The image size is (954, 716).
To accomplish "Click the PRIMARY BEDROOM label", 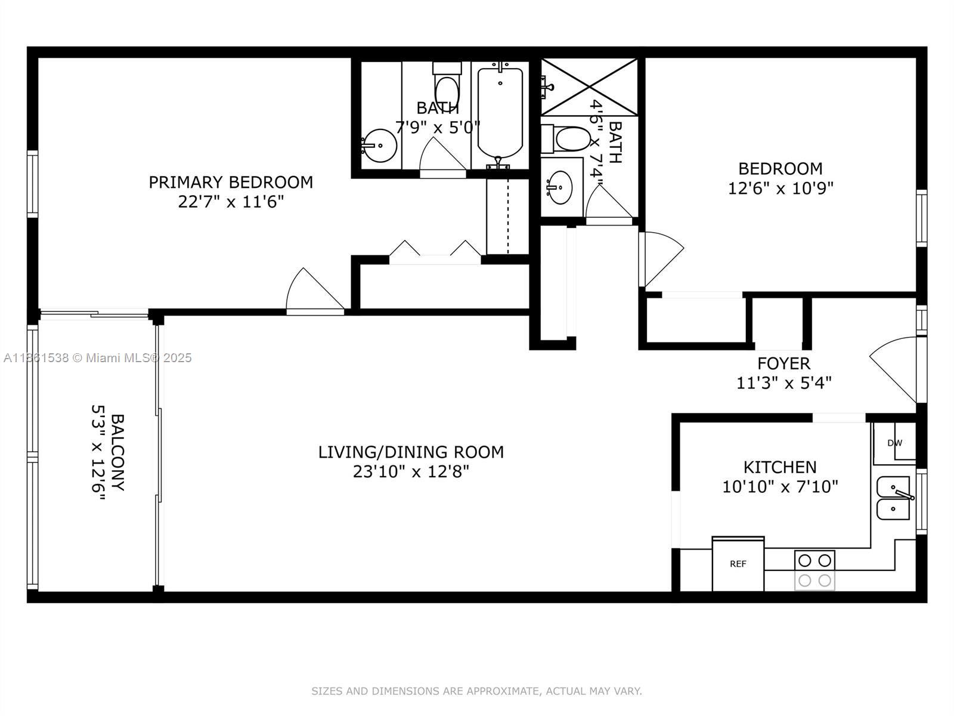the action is tap(231, 182).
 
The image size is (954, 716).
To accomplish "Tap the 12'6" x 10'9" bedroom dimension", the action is tap(780, 189).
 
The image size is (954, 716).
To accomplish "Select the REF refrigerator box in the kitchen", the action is tap(738, 564).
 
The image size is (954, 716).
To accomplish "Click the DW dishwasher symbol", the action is tap(894, 443).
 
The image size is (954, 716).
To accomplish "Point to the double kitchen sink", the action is tap(894, 498).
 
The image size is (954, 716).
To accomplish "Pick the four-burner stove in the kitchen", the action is tap(814, 570).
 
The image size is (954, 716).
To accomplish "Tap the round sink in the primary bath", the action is tap(379, 146).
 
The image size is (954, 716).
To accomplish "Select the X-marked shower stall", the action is tap(589, 87).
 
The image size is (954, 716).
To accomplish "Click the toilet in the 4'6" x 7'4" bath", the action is tap(567, 139).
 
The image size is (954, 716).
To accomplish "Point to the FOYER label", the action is tap(783, 363).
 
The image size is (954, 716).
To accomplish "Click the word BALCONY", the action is tap(118, 452).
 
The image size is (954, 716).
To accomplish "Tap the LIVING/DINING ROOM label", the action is tap(411, 452).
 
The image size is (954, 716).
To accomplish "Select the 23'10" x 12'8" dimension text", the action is tap(411, 472).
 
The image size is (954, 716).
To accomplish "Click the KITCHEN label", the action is tap(780, 467).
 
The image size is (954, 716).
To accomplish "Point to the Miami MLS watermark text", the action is tap(97, 358).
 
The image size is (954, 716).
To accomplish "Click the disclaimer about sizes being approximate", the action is tap(476, 691).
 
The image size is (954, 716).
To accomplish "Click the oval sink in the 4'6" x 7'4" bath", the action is tap(559, 187).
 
